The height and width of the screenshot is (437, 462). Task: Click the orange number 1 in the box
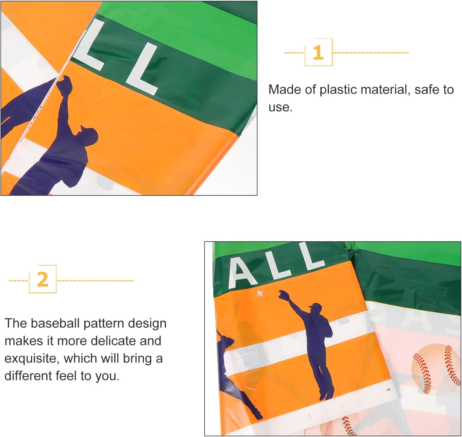click(318, 52)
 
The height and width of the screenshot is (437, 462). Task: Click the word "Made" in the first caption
click(284, 90)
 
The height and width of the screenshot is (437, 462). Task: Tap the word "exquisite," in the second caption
click(32, 359)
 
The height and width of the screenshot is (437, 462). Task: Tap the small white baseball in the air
click(260, 293)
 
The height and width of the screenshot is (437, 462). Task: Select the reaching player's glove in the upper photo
click(64, 86)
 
